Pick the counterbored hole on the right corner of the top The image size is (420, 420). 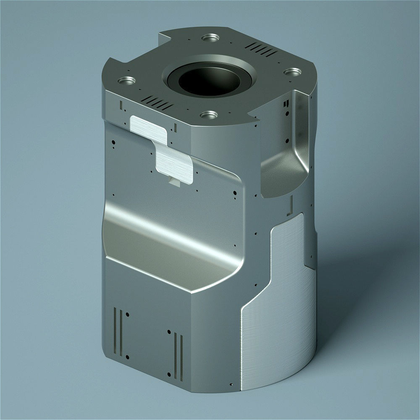coord(293,72)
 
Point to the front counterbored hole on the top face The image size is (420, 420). coord(209,114)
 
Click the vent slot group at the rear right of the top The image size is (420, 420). coord(261,50)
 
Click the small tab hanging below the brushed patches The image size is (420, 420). coord(174,181)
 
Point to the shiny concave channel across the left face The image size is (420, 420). coord(168,244)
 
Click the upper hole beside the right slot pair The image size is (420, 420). coord(169,332)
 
